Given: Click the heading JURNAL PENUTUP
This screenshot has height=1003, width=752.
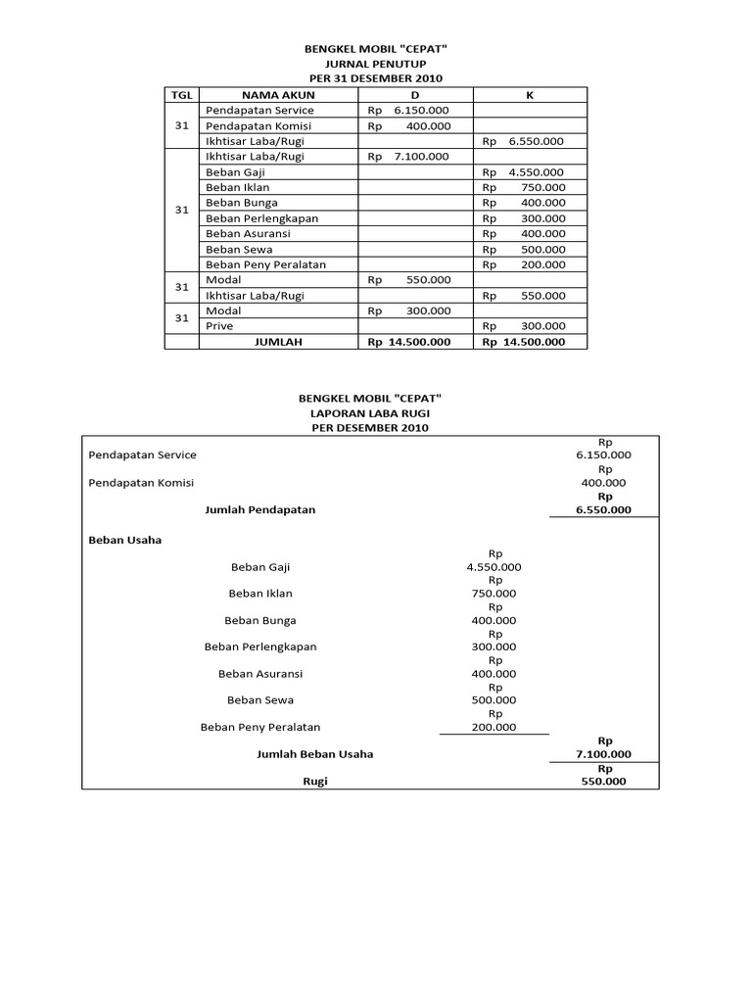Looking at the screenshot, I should (376, 62).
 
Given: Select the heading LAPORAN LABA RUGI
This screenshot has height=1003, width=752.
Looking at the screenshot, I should (376, 413).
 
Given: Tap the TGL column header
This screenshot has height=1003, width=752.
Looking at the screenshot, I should (181, 95).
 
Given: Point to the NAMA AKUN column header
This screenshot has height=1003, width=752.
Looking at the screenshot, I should (279, 95).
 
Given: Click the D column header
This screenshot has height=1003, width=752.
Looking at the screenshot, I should (415, 95).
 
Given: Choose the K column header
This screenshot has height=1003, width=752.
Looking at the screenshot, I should (530, 95).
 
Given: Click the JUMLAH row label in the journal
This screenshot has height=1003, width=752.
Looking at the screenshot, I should (279, 342).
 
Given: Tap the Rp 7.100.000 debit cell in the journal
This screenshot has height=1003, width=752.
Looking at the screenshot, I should (408, 157).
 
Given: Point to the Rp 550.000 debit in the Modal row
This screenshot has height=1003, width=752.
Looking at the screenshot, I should (408, 280).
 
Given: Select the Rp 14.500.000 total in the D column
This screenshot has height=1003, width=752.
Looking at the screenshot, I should (408, 342).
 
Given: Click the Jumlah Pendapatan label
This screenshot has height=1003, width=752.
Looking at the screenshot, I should (259, 510).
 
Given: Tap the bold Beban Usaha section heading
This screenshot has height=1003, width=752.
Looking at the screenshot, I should (124, 540).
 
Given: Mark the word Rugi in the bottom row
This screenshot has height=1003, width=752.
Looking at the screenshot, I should (315, 782).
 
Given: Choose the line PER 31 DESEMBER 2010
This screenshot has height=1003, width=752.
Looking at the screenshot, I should (376, 77).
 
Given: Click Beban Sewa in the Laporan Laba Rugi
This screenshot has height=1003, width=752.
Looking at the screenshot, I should (260, 700).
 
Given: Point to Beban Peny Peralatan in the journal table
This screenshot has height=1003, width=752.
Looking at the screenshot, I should (265, 264).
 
